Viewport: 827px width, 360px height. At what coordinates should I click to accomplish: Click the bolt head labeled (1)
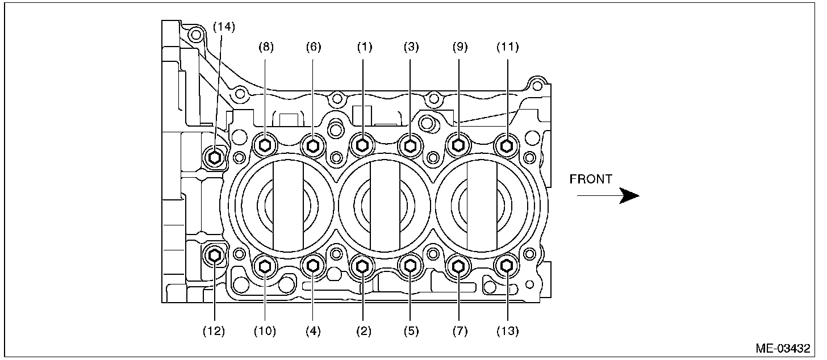(x=361, y=145)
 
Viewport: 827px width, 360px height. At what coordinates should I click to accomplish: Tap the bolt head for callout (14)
(x=215, y=156)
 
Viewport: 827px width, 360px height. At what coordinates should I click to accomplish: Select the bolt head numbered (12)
(x=215, y=256)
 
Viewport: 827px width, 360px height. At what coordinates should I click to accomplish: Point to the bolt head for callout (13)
(x=506, y=265)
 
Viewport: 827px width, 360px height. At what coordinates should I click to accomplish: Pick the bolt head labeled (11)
(x=506, y=146)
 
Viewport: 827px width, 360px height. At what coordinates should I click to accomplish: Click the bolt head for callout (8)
(x=265, y=146)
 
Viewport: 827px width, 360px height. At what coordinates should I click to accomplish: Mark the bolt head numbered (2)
(x=362, y=265)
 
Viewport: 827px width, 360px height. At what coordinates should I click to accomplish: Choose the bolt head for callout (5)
(x=410, y=265)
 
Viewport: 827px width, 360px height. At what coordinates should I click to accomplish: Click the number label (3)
(x=411, y=47)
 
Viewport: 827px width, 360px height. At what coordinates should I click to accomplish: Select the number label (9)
(x=460, y=47)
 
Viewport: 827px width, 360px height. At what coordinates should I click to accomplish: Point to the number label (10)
(x=265, y=331)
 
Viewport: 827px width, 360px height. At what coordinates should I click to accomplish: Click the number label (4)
(x=313, y=331)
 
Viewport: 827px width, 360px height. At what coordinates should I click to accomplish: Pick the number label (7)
(x=459, y=331)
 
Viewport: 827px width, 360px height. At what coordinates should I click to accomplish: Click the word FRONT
(x=591, y=179)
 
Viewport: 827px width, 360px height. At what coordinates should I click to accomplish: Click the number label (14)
(x=223, y=26)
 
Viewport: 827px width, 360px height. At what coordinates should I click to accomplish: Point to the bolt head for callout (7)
(x=458, y=265)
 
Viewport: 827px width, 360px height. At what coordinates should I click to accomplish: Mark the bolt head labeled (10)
(x=265, y=265)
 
